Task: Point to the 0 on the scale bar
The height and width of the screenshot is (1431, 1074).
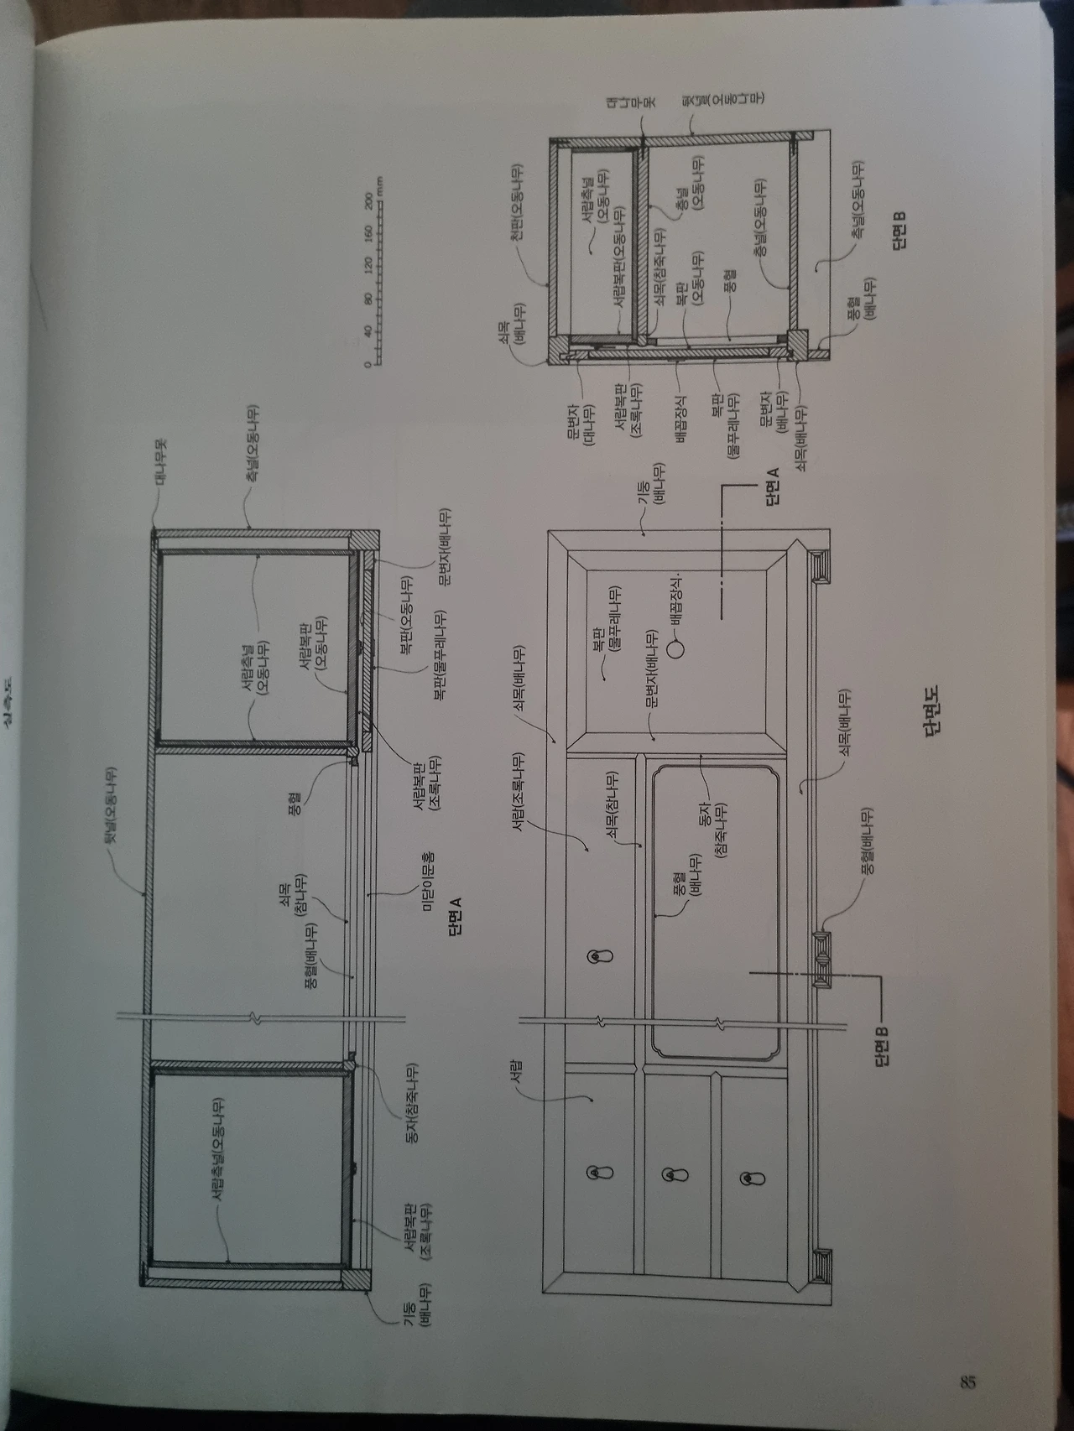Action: pyautogui.click(x=366, y=364)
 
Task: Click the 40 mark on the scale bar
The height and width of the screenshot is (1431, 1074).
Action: pyautogui.click(x=367, y=331)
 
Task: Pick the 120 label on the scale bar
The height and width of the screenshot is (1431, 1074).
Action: pyautogui.click(x=367, y=265)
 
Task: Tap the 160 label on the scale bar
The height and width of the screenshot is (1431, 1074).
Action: pyautogui.click(x=367, y=232)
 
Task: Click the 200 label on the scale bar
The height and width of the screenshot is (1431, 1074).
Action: pyautogui.click(x=367, y=201)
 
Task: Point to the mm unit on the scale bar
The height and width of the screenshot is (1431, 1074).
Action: pyautogui.click(x=380, y=186)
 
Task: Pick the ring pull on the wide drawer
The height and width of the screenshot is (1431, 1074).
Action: pyautogui.click(x=598, y=956)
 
